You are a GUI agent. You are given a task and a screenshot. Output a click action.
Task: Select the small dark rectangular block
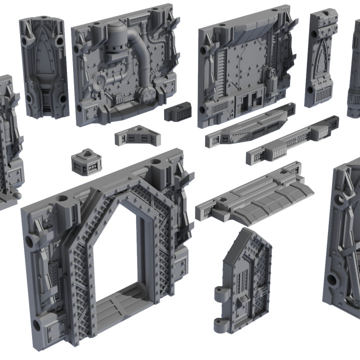(178, 111)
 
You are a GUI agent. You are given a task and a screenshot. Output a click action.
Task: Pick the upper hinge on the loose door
(221, 293)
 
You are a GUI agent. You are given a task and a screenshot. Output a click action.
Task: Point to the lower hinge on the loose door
(221, 324)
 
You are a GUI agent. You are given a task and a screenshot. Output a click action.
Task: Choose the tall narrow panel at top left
(43, 67)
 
